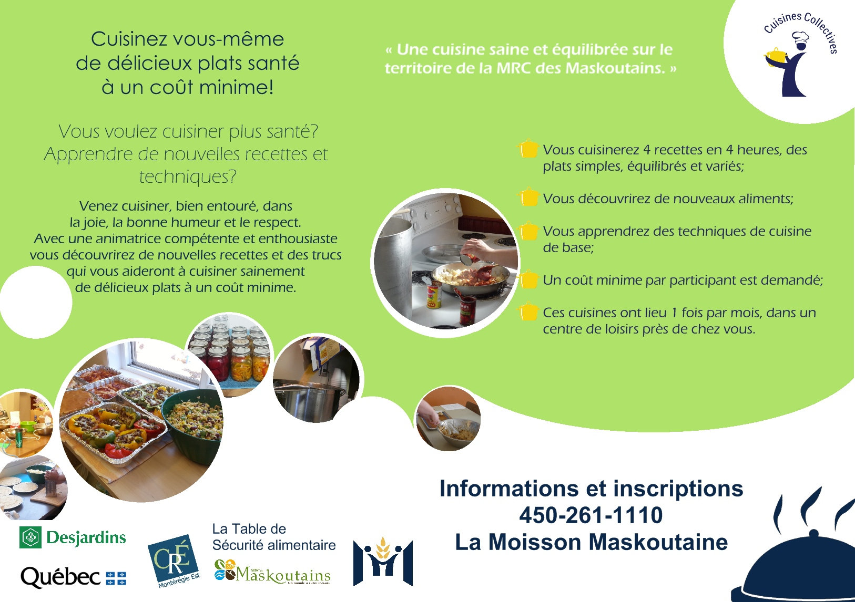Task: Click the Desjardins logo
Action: [x=73, y=537]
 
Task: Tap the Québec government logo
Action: [x=73, y=578]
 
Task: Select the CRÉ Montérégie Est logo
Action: [x=174, y=561]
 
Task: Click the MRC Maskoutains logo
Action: [x=272, y=572]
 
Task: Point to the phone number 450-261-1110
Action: [x=591, y=515]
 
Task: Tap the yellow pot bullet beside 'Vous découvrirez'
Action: [x=528, y=197]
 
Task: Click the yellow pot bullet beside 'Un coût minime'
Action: [x=528, y=279]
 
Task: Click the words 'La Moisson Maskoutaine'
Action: [x=591, y=542]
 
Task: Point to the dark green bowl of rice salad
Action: [x=193, y=423]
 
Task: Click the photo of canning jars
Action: [x=229, y=355]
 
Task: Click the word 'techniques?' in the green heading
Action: [x=187, y=177]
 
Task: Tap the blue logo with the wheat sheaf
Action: [x=383, y=561]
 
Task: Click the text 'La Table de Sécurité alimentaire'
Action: [x=273, y=537]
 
